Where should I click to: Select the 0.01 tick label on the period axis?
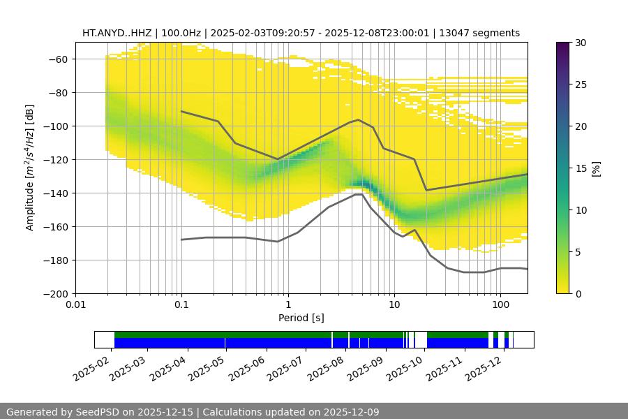click(75, 305)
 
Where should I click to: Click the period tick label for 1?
click(287, 305)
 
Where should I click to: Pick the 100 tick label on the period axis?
click(500, 305)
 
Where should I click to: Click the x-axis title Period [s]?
click(301, 318)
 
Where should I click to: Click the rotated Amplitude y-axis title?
click(30, 168)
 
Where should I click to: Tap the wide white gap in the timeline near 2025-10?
click(421, 339)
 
